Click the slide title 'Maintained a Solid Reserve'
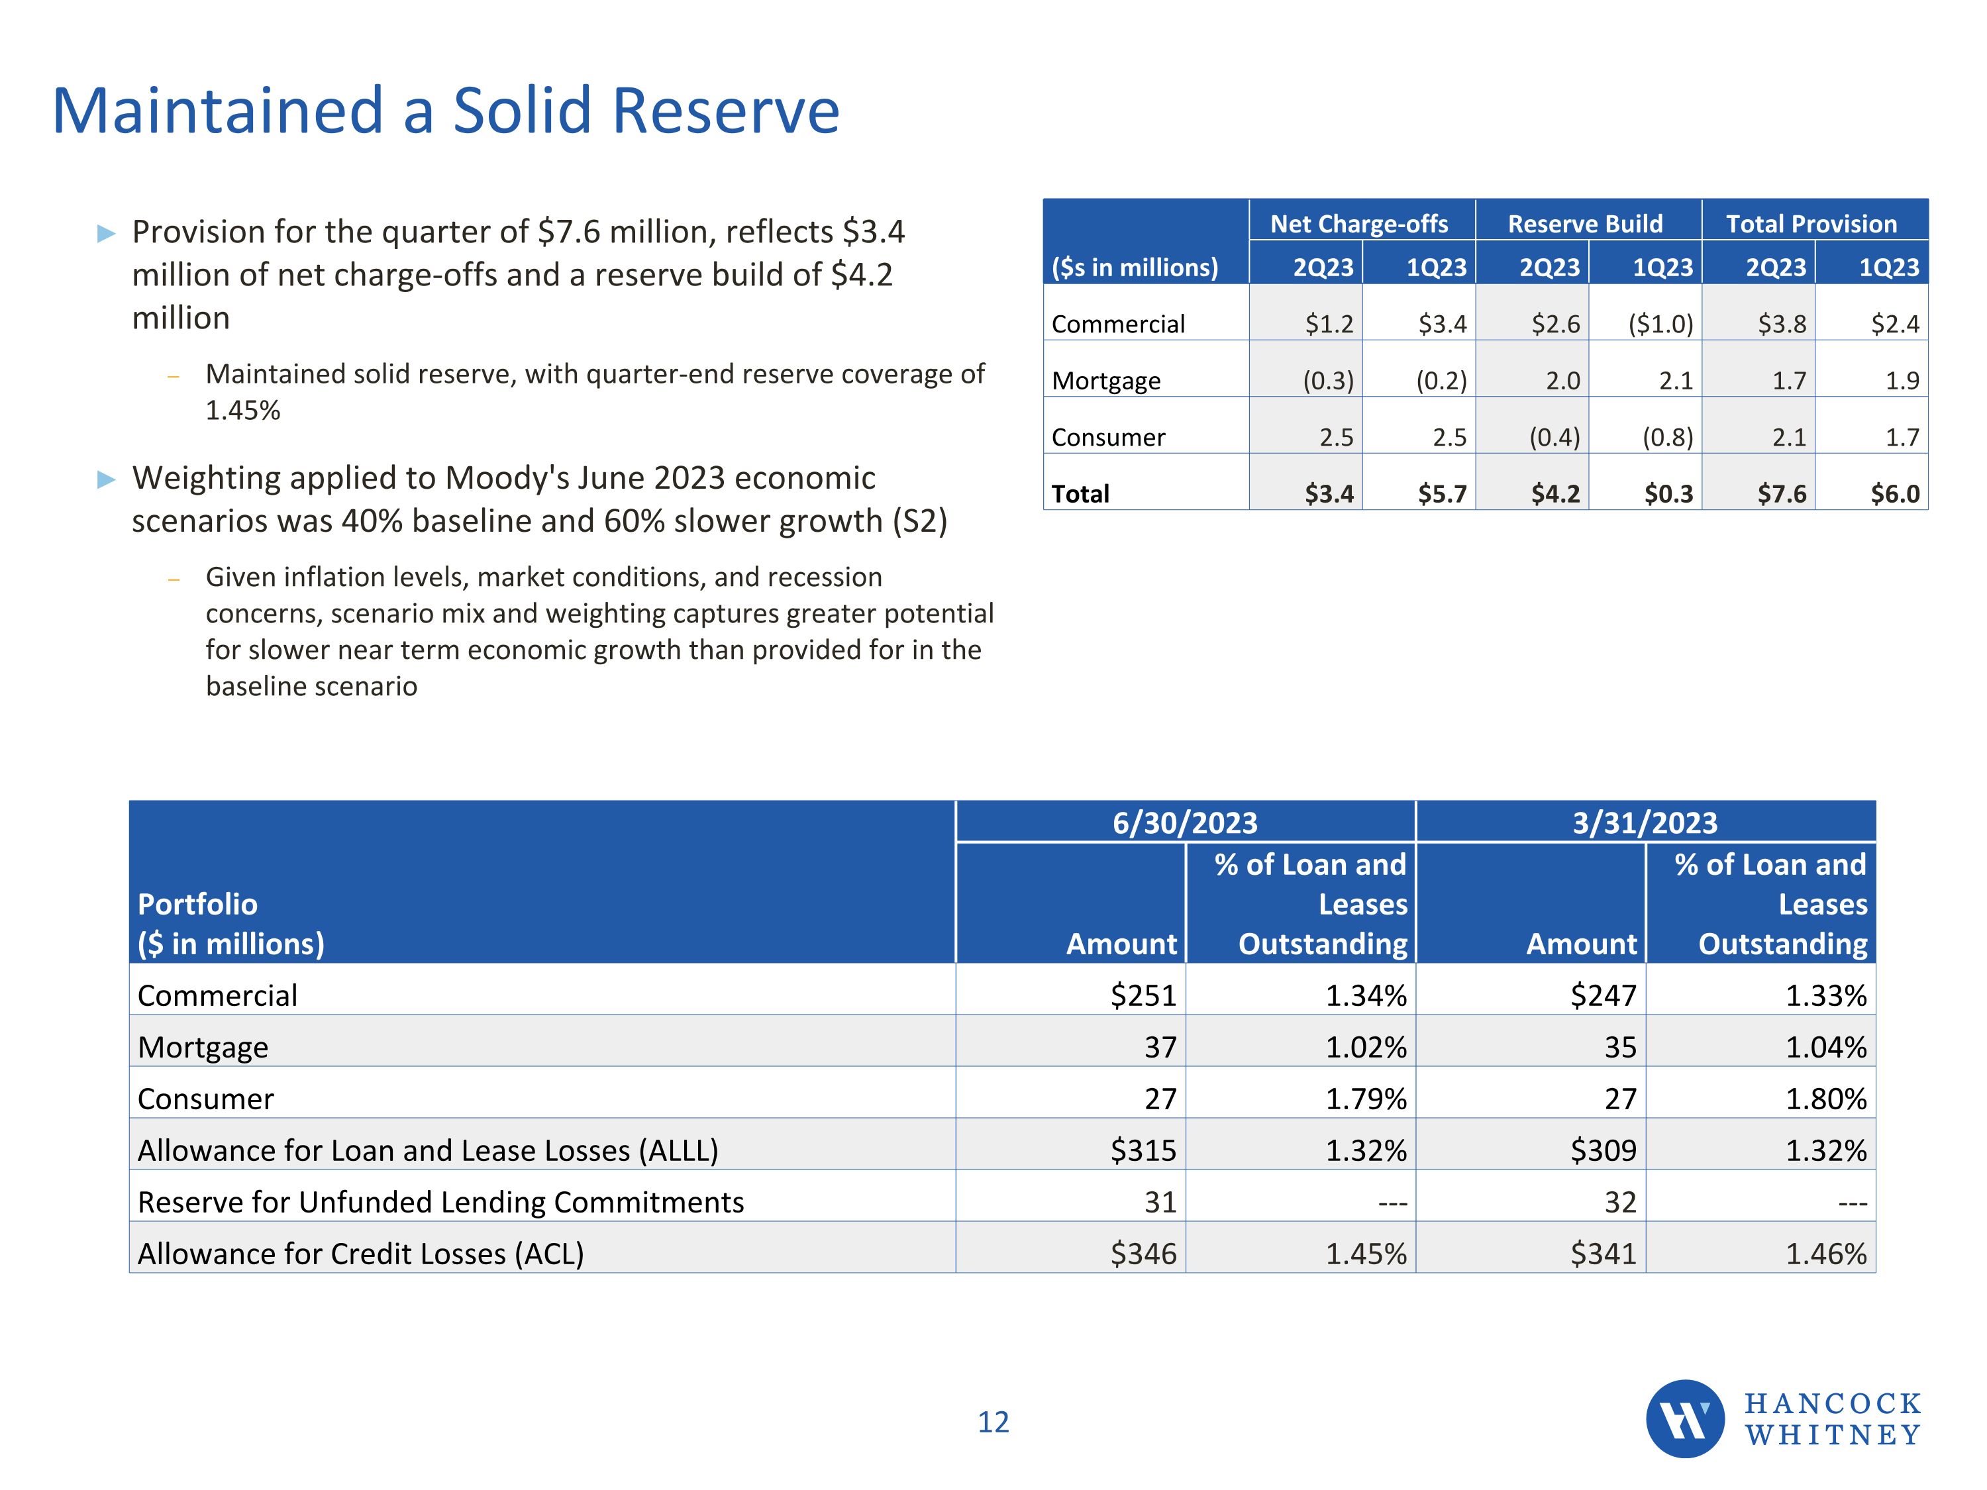click(446, 111)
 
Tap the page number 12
click(993, 1422)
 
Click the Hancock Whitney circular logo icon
click(1684, 1418)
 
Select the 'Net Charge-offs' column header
click(1358, 224)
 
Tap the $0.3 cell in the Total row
click(1668, 493)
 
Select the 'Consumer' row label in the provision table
click(1109, 437)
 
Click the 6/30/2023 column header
click(1185, 822)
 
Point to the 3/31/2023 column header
click(1645, 822)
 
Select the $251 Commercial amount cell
click(1143, 995)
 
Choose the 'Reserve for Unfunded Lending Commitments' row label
click(440, 1202)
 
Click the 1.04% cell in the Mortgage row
click(1825, 1047)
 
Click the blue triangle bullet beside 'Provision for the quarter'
click(107, 234)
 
